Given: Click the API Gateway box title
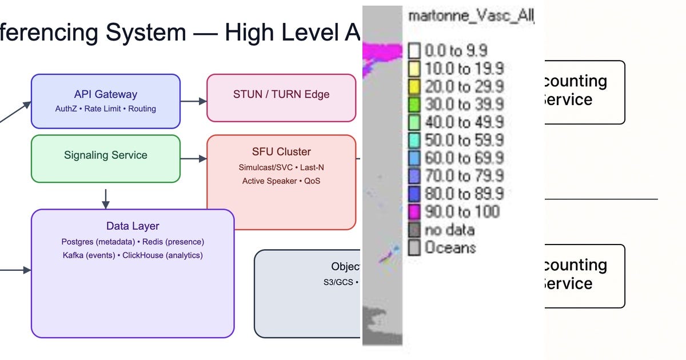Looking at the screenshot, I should (x=106, y=94).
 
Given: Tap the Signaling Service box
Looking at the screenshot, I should (x=106, y=158).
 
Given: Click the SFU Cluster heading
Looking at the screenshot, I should (x=281, y=151).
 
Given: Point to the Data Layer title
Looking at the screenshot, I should (x=133, y=226).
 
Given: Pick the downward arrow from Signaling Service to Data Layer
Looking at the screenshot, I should (x=105, y=198).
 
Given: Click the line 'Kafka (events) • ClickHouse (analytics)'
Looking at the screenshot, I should (x=133, y=255).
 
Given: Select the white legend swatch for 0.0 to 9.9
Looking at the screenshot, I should (x=414, y=51).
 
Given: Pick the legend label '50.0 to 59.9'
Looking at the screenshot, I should (x=464, y=140).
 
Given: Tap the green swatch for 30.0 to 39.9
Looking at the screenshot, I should (x=414, y=105).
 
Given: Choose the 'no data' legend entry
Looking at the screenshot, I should (x=449, y=230).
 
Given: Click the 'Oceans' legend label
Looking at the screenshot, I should (x=450, y=248).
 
